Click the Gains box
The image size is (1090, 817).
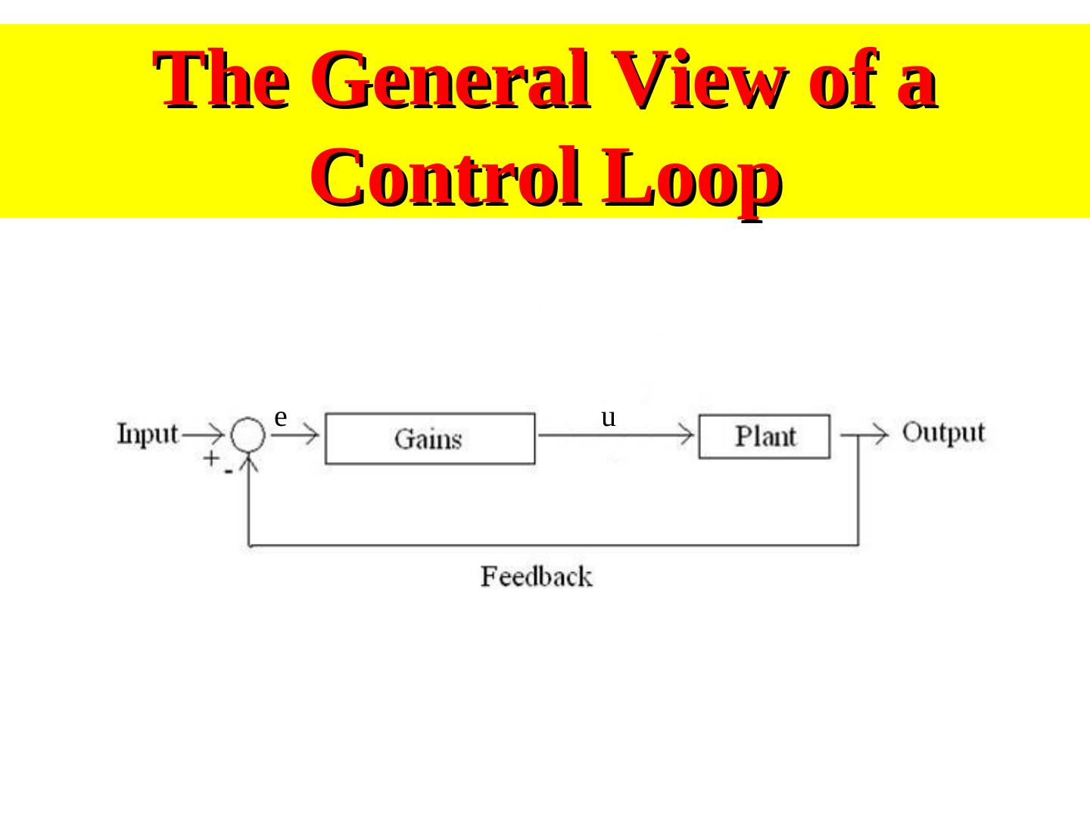pos(429,438)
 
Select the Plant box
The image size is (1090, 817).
pos(764,436)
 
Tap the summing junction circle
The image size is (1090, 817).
pos(248,435)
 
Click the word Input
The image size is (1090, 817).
pos(148,435)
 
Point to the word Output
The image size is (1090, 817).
pos(943,433)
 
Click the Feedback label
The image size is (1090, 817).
pos(536,577)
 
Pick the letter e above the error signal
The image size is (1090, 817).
pos(280,417)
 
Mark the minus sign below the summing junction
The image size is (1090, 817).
pos(228,471)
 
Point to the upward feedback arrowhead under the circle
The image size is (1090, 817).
pos(250,463)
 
